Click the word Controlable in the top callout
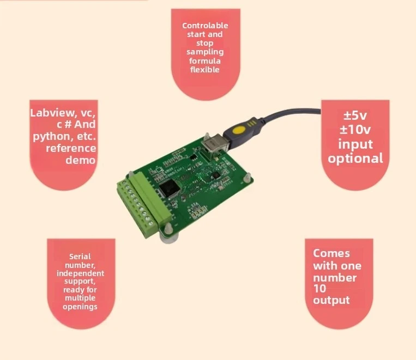click(x=205, y=26)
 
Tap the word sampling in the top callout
click(x=205, y=52)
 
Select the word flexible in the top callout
click(x=205, y=69)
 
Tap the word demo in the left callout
click(x=81, y=160)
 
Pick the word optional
click(x=355, y=158)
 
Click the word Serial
click(x=80, y=256)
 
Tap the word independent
click(x=80, y=273)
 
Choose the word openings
click(x=80, y=307)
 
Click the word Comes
click(x=331, y=253)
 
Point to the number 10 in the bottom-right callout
click(x=319, y=289)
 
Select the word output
click(x=331, y=301)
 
